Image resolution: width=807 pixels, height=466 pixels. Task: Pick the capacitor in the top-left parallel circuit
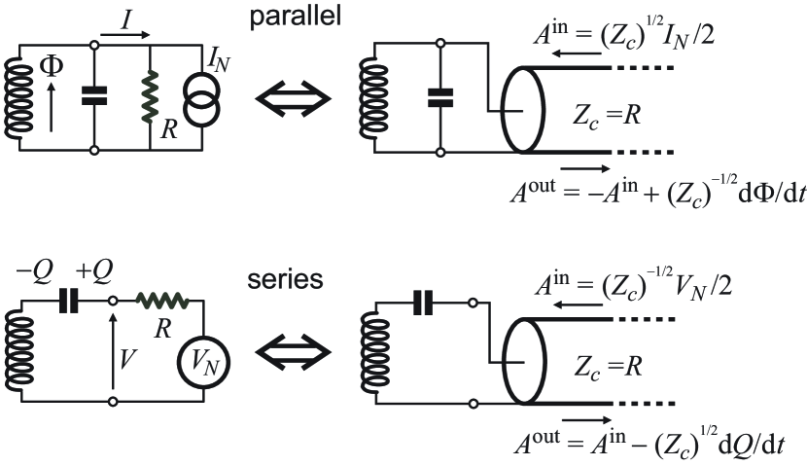click(x=94, y=95)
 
